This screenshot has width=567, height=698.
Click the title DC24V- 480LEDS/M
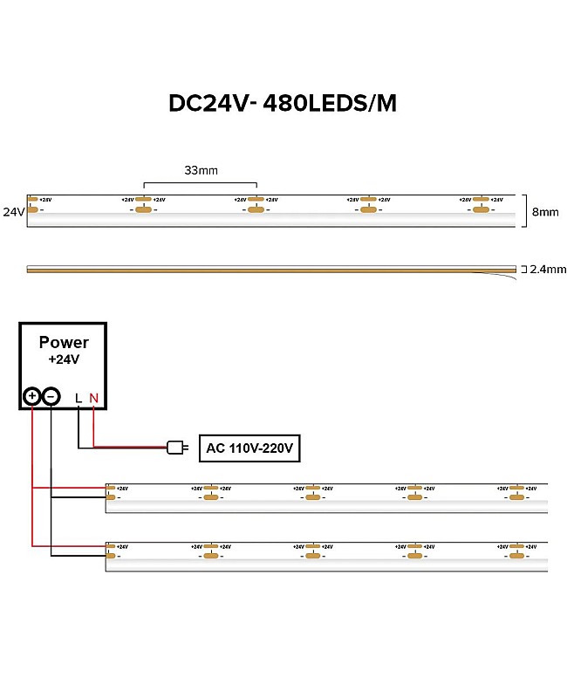pos(283,103)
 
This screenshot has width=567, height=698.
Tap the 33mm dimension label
pos(201,170)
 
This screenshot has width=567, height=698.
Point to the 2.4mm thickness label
pos(548,270)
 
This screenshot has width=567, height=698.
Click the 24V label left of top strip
pos(13,211)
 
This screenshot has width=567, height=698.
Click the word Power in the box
pos(64,343)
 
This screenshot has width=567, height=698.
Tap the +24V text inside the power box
pos(64,359)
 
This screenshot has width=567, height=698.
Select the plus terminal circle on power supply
pos(32,396)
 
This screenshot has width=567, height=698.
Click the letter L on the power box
pos(79,398)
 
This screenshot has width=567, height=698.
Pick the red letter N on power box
pos(93,398)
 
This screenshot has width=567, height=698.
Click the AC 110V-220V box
pos(249,448)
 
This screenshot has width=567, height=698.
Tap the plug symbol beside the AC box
pos(177,448)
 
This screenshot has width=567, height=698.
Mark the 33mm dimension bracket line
pos(201,182)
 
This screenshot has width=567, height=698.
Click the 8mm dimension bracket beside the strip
pos(526,210)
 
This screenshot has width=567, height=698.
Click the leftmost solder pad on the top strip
pos(33,209)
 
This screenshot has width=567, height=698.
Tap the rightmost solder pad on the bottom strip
pos(518,556)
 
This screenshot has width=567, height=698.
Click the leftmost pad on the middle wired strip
pos(111,497)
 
